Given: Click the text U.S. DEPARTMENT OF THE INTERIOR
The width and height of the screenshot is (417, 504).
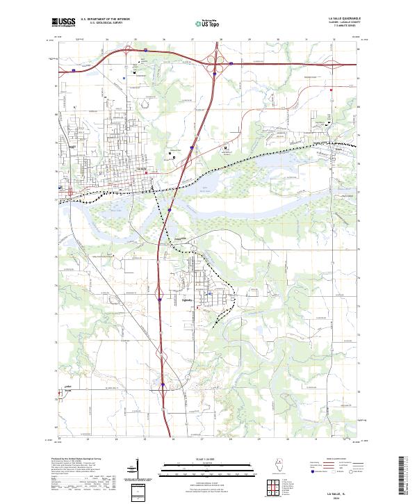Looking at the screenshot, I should tap(105, 19).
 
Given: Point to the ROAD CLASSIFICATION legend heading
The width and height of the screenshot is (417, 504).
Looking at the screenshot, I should tap(334, 460).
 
